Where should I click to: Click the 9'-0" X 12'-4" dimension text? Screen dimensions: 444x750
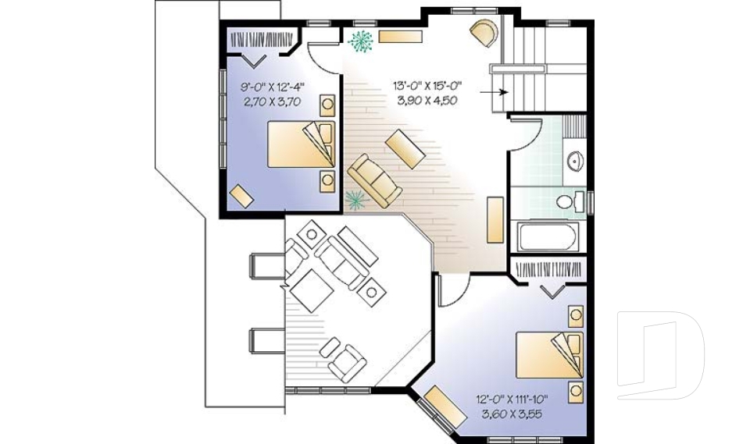(272, 87)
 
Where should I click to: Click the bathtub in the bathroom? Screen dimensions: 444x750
(548, 236)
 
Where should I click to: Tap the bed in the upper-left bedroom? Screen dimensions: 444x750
(302, 144)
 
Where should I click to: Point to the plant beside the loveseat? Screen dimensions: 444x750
(356, 201)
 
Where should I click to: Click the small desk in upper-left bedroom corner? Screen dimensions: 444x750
(241, 195)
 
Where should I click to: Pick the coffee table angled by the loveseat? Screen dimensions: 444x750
(405, 149)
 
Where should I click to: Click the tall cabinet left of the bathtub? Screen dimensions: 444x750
(494, 219)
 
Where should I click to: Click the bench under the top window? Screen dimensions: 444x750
(400, 36)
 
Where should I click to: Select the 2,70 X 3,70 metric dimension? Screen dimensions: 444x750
(272, 101)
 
